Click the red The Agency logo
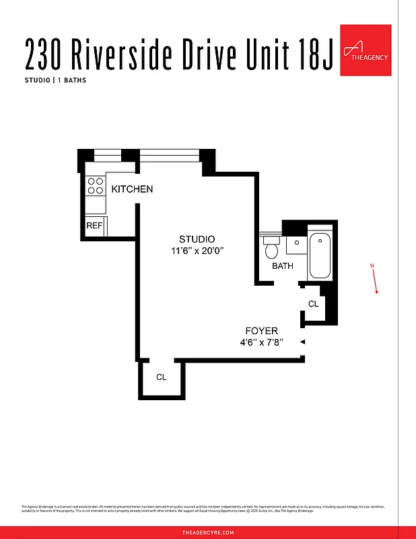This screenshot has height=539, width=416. [366, 51]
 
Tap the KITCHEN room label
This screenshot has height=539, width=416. [132, 189]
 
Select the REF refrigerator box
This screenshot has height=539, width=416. [94, 226]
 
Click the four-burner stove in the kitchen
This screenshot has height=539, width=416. [94, 185]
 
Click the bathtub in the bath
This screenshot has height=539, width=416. [320, 255]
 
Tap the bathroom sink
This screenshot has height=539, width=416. [296, 243]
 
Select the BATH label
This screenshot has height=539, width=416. [283, 266]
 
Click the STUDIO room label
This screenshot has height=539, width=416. [197, 239]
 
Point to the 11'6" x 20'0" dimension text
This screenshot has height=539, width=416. [197, 251]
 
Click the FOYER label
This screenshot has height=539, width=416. [261, 331]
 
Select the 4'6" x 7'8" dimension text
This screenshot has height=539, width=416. [261, 342]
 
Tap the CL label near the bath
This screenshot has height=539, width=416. [313, 305]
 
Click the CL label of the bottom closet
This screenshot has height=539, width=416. [161, 377]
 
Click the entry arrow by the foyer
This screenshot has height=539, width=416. [302, 342]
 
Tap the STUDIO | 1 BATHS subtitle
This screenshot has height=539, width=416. [56, 80]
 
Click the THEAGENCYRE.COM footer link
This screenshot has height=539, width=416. [208, 532]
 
